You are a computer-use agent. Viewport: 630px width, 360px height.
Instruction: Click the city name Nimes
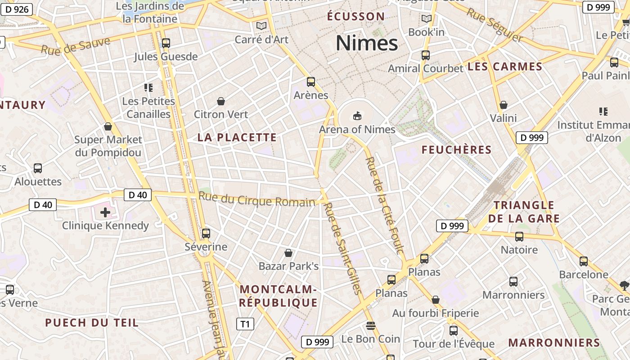pos(367,43)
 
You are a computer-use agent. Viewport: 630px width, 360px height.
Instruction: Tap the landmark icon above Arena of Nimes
pos(357,116)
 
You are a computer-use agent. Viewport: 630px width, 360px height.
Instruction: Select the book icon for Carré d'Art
pos(261,26)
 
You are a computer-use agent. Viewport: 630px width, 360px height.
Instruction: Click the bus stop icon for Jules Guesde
pos(166,43)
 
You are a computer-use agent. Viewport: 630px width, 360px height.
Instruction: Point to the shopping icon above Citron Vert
pos(221,101)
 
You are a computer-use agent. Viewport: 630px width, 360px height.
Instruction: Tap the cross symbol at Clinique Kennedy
pos(105,212)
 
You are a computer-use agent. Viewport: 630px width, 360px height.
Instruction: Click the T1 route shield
pos(245,324)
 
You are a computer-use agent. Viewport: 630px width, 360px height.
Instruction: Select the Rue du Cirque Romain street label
pos(256,199)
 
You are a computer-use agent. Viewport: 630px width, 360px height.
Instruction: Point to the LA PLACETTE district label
pos(237,138)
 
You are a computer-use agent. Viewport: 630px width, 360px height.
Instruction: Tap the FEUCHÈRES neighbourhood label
pos(456,150)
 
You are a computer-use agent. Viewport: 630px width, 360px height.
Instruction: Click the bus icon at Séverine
pos(206,234)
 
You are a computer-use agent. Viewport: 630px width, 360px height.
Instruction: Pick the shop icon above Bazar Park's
pos(288,253)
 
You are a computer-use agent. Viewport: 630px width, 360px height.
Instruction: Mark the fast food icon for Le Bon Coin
pos(371,325)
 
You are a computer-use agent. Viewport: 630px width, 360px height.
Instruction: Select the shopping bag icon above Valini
pos(504,105)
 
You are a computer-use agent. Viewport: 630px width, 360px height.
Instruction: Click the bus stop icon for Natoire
pos(519,237)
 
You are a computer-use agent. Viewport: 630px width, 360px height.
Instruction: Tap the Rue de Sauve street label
pos(76,46)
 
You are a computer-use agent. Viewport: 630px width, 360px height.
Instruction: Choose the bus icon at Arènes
pos(311,82)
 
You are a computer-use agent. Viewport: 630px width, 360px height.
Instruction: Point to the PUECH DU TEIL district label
pos(92,323)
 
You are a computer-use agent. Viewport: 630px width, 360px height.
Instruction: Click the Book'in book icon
pos(426,19)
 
